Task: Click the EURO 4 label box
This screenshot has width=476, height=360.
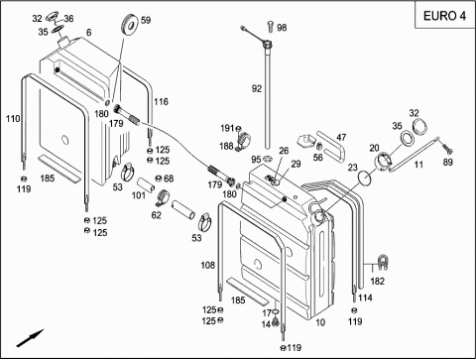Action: pos(444,15)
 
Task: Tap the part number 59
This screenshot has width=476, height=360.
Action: pos(146,20)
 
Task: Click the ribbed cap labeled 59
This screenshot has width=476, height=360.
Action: pos(130,24)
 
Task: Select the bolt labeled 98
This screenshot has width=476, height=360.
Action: pos(271,27)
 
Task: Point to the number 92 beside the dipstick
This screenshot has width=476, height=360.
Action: pos(257,88)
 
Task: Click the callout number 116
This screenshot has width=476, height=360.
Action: pos(161,101)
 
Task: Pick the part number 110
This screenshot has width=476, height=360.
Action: pos(13,119)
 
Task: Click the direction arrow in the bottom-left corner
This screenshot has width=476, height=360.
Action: pos(30,338)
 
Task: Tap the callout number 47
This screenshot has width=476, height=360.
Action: pos(341,137)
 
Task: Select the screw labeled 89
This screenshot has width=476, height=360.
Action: pos(446,148)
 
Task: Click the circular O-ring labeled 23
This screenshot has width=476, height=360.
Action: pos(365,179)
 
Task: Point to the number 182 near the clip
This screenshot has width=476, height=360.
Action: pos(377,281)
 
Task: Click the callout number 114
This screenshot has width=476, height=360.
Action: pos(365,298)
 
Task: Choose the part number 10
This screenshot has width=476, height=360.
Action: pos(320,322)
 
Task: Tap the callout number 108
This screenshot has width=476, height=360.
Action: pos(208,265)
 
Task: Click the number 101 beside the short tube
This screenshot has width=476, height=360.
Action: pos(139,195)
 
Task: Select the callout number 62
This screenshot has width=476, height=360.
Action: pos(156,215)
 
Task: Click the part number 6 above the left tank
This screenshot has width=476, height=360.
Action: pos(88,33)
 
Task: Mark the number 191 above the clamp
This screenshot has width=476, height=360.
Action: pos(227,128)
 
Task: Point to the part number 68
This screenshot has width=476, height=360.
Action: pos(169,179)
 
